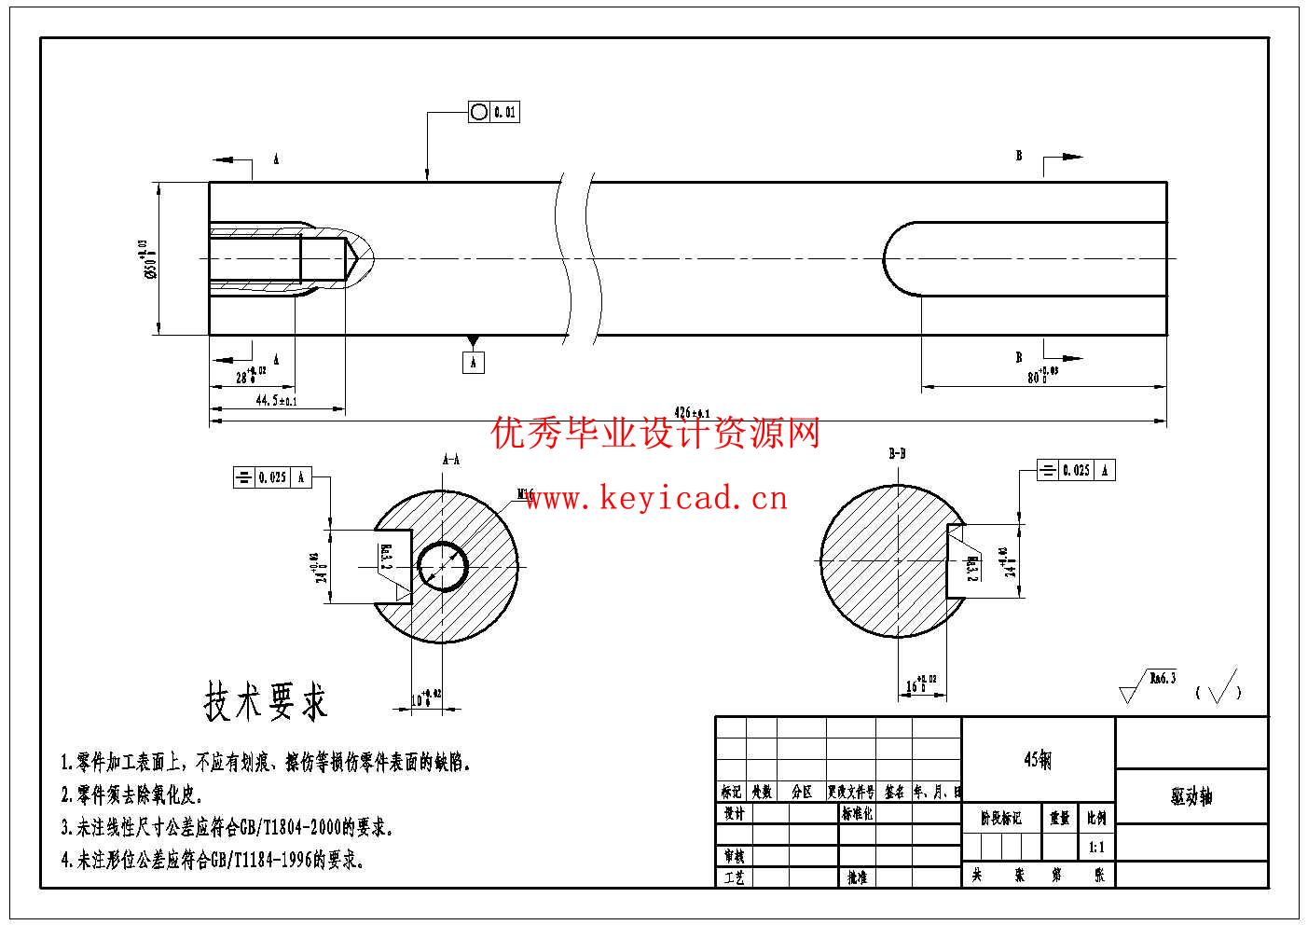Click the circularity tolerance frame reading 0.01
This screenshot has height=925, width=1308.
click(493, 112)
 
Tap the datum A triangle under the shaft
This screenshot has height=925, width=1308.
click(473, 341)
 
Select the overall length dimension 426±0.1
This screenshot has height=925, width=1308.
click(691, 412)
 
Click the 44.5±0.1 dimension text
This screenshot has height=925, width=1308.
click(276, 401)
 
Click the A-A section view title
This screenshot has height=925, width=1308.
click(450, 460)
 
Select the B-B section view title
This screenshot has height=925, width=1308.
click(897, 454)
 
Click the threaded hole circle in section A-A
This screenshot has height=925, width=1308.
click(442, 566)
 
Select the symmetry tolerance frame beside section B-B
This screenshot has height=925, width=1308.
click(1076, 470)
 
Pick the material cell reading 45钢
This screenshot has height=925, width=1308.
click(1038, 760)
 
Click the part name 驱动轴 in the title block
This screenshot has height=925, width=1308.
click(1191, 796)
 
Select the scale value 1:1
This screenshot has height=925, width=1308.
click(1096, 849)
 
